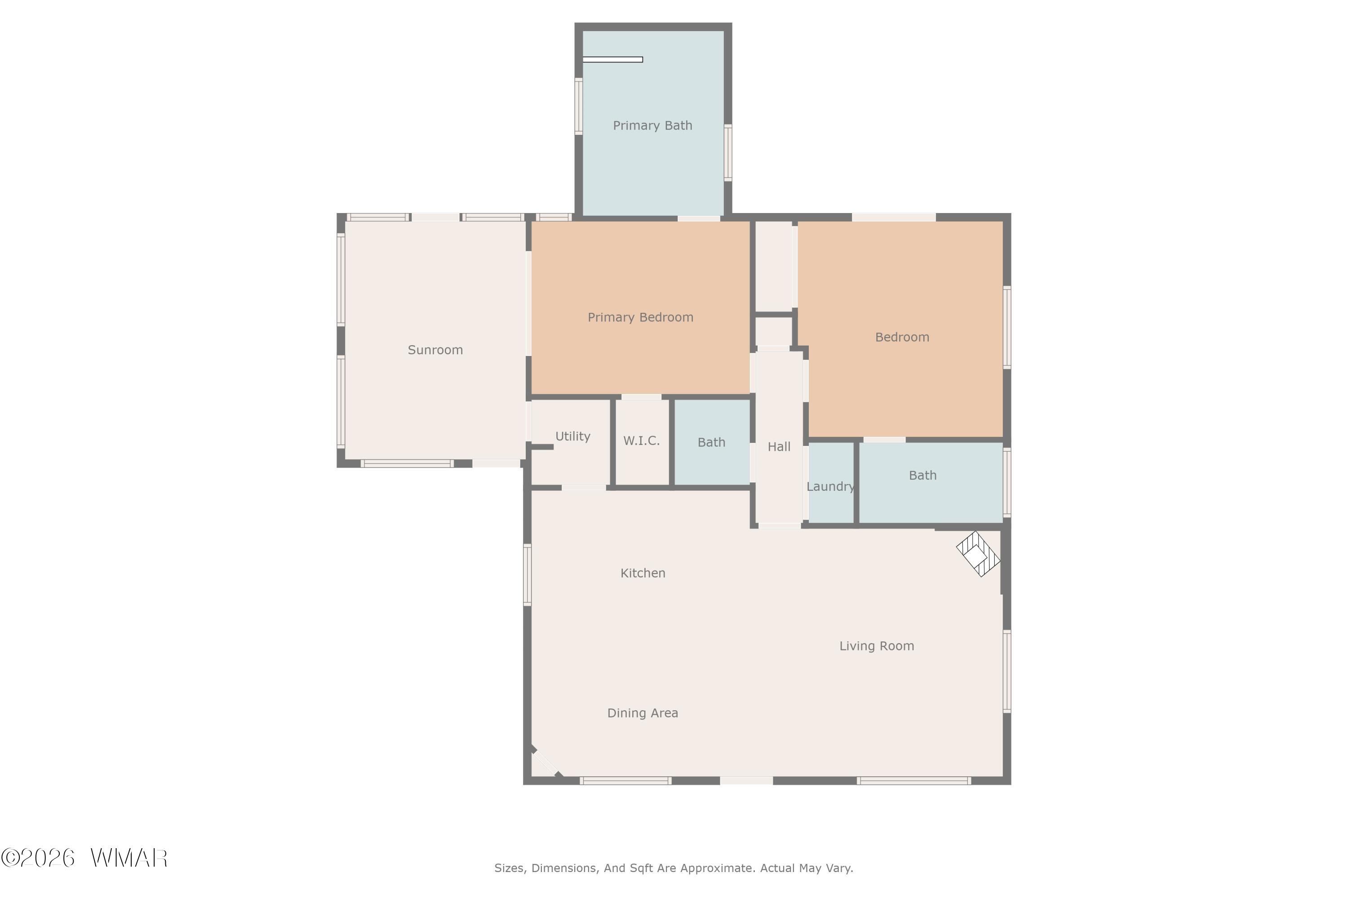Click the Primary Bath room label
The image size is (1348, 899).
click(x=652, y=125)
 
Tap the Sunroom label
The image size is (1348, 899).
click(x=435, y=350)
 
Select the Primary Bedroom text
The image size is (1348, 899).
click(x=640, y=317)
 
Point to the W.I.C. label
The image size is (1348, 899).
click(x=641, y=441)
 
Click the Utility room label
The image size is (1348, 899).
click(x=572, y=436)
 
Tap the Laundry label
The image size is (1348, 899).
click(x=830, y=487)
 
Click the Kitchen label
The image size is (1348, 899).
click(x=643, y=573)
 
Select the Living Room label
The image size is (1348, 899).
click(x=876, y=645)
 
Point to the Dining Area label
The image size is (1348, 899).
click(x=643, y=712)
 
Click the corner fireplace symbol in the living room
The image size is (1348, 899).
click(x=978, y=554)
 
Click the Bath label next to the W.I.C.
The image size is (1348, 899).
click(x=711, y=442)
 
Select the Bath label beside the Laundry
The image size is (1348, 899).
click(x=923, y=475)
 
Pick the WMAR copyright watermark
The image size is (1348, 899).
click(x=84, y=858)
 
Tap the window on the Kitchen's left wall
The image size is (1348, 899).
click(x=527, y=574)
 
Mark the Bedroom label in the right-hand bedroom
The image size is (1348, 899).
click(x=902, y=337)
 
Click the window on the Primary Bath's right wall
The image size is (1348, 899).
click(x=728, y=152)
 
